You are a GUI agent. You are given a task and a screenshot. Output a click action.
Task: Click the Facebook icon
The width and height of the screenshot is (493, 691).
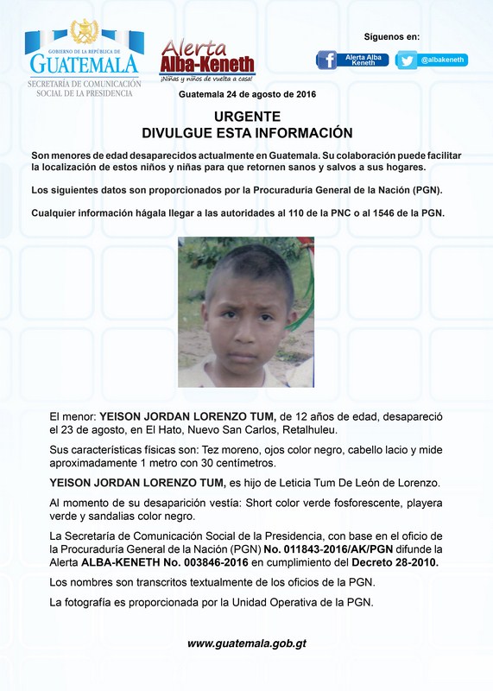point(326,60)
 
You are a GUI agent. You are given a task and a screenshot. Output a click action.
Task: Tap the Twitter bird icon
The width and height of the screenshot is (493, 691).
point(408,60)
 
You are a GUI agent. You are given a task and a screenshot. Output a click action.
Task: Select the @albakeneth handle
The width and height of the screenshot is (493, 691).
point(442,60)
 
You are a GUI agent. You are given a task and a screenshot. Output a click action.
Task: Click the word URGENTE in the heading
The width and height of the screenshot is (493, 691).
point(247,116)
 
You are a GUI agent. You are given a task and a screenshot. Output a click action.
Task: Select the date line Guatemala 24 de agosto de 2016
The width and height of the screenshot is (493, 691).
point(247,94)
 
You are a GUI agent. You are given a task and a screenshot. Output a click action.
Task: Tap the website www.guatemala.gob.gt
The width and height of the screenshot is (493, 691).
point(247,643)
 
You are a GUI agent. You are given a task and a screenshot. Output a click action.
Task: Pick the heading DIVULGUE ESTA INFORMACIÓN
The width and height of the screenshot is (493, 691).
point(247,132)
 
